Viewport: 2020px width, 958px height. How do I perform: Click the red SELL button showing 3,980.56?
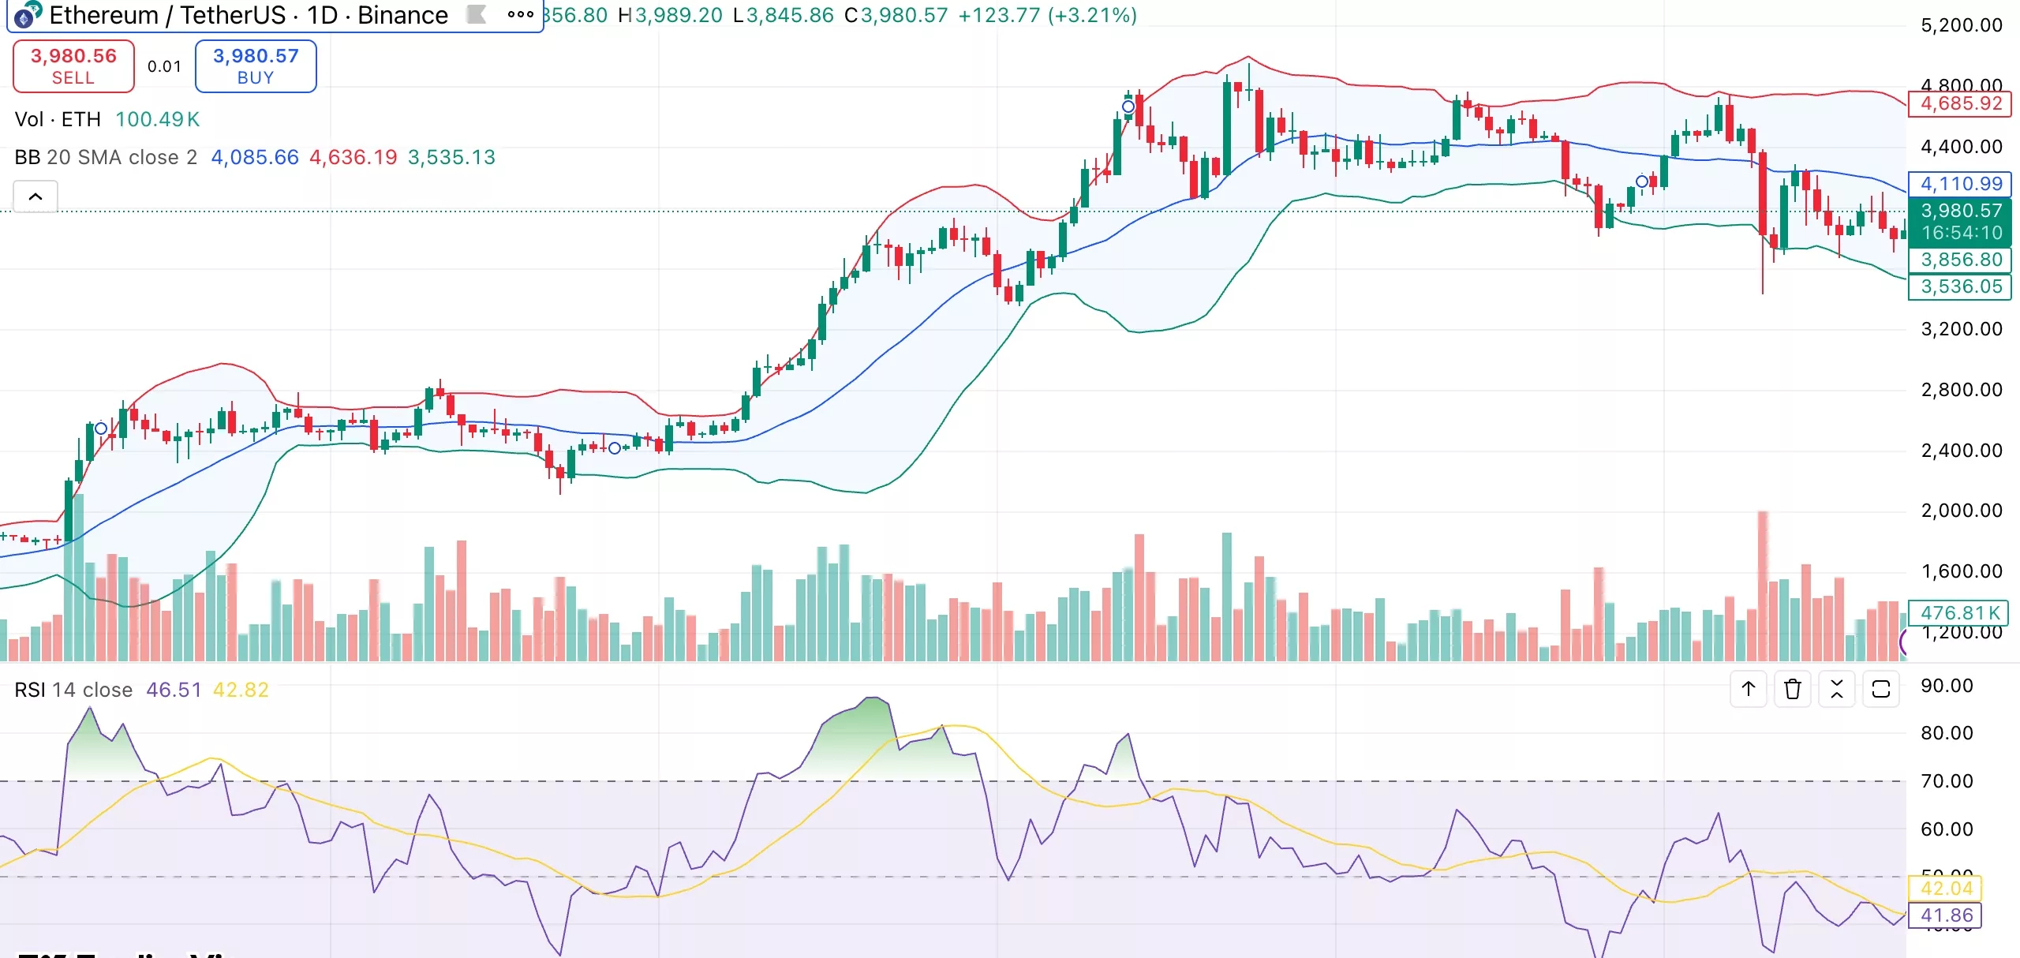[x=73, y=66]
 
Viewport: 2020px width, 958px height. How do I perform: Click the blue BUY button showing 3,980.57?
[x=256, y=66]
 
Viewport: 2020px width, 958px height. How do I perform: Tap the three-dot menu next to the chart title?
[x=520, y=14]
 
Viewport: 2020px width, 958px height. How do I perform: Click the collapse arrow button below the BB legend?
[x=36, y=196]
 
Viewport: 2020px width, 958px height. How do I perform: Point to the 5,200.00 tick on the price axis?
[x=1961, y=25]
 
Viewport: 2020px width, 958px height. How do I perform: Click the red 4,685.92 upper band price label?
[x=1960, y=103]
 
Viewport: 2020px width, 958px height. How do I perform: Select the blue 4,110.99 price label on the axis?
[x=1960, y=184]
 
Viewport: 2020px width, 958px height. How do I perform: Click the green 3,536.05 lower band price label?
[x=1960, y=286]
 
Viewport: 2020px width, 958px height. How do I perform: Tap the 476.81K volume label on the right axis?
[x=1959, y=612]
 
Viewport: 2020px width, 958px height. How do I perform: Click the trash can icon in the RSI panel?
[x=1792, y=689]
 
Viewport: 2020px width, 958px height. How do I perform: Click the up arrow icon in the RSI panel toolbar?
[x=1748, y=689]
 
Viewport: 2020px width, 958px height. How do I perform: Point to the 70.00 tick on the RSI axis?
[x=1946, y=781]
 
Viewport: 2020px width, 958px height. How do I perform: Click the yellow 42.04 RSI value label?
[x=1946, y=889]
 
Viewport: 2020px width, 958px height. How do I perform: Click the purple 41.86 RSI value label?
[x=1946, y=915]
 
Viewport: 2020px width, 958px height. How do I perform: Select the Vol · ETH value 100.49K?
[x=157, y=119]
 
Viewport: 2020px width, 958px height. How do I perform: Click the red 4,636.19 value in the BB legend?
[x=353, y=157]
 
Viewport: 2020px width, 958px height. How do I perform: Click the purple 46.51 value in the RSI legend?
[x=174, y=690]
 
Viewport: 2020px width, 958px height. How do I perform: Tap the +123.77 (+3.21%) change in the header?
[x=1047, y=15]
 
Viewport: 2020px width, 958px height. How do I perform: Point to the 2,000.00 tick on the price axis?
[x=1961, y=511]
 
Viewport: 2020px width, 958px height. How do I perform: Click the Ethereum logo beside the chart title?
[x=27, y=14]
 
